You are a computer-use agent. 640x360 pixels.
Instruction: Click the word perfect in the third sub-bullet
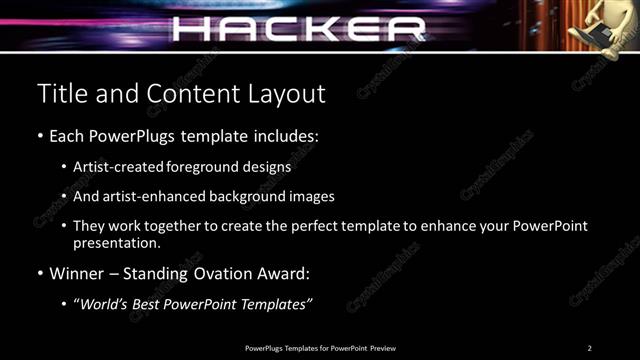tap(318, 227)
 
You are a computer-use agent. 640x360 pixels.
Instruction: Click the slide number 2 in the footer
tap(590, 347)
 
